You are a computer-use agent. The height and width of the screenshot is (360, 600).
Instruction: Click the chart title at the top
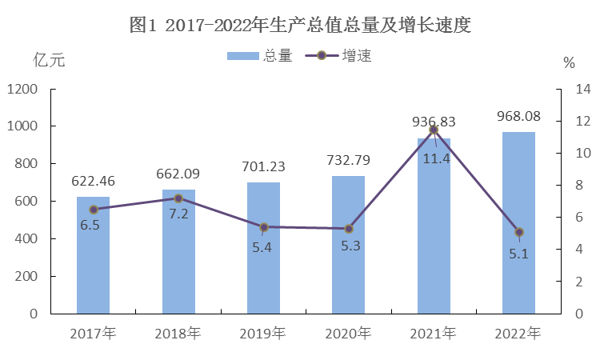point(299,25)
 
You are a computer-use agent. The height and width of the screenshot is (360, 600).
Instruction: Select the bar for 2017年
point(93,254)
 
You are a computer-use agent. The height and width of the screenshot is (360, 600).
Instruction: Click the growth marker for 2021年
point(434,130)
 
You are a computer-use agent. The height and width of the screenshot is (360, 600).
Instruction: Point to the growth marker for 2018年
point(178,198)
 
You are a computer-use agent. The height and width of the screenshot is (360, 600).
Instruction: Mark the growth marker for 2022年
point(518,232)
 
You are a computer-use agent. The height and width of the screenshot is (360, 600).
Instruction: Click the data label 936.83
point(434,122)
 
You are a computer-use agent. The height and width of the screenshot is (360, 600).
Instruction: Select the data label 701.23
point(263,167)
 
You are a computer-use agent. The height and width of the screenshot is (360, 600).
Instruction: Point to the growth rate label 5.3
point(350,246)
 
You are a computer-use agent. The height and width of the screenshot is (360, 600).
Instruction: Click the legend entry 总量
point(260,56)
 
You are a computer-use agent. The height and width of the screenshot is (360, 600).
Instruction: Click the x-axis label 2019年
point(263,332)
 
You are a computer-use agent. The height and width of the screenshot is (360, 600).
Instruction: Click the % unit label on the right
point(569,62)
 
